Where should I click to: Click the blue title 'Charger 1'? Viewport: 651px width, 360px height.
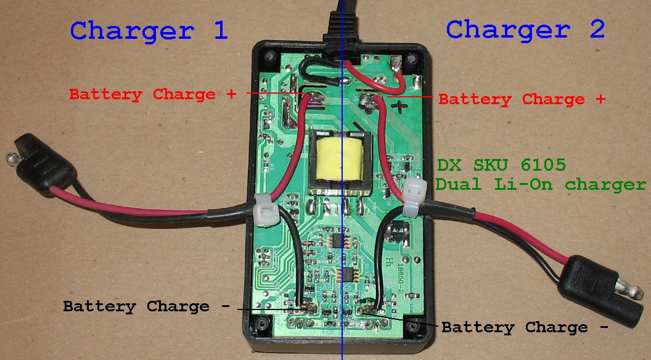(150, 30)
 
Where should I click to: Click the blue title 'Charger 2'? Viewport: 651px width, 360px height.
(525, 29)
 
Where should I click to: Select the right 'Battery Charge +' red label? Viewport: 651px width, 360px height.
(522, 99)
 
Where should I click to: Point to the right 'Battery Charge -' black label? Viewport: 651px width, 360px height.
(524, 327)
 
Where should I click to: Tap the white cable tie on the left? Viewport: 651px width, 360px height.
(266, 210)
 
